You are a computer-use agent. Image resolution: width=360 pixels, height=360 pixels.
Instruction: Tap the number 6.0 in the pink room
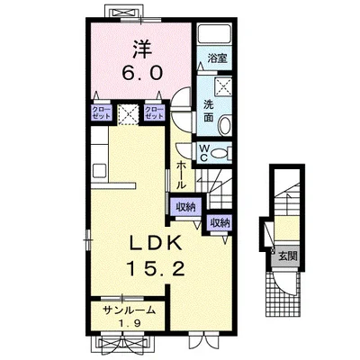coord(142,73)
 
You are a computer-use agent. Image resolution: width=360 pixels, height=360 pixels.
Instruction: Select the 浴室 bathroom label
coord(217,58)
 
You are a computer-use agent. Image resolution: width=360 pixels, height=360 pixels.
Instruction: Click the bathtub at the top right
coord(214,33)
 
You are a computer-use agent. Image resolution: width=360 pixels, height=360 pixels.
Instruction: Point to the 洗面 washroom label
coord(209,111)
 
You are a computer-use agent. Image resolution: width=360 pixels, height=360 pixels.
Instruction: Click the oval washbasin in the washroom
coord(225,126)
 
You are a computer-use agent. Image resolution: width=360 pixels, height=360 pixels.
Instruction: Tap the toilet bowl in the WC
coord(220,153)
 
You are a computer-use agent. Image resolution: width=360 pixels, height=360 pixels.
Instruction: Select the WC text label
coord(203,153)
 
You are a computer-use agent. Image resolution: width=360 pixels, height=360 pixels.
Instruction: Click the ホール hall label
coord(180,175)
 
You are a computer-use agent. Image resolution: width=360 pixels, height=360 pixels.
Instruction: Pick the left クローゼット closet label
coord(102,112)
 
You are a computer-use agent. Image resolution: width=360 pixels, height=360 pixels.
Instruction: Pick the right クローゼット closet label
coord(154,112)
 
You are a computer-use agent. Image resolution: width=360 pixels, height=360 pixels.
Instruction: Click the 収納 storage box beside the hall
coord(185,207)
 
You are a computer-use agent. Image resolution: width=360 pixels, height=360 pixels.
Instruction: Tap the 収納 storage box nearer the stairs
coord(220,223)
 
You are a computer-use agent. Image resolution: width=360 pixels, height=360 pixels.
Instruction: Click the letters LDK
coord(156,244)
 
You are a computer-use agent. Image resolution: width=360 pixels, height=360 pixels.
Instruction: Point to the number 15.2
coord(155,267)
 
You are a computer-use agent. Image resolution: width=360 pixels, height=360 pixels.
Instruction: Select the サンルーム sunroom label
coord(130,310)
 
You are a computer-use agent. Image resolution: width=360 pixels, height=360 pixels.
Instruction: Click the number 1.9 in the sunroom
coord(129,323)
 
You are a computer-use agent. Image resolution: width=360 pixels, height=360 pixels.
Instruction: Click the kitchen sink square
coord(99,171)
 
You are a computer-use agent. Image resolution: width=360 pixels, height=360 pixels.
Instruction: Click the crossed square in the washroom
coord(223,86)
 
